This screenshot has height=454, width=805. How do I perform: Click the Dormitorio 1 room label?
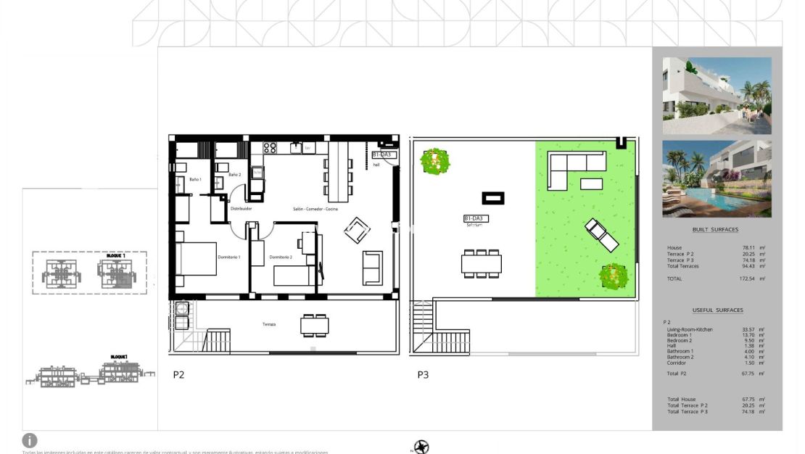coord(229,257)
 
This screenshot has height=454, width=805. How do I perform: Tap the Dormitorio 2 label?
coord(281,257)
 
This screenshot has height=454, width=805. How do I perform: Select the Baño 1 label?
coord(196,179)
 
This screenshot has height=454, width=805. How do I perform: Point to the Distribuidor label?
coord(241,209)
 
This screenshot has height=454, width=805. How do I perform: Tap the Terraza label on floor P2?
coord(269,324)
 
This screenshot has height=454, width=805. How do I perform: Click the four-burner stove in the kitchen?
coord(270,147)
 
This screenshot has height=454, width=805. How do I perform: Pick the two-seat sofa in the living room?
coord(372,268)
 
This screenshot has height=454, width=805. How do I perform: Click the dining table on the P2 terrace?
coord(314,326)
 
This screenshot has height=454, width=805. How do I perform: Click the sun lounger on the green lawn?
coord(601,234)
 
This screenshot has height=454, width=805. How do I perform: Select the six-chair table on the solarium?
coord(481,263)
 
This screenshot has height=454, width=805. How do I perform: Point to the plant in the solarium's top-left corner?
coord(434,161)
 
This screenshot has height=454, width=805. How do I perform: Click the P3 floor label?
coord(423,375)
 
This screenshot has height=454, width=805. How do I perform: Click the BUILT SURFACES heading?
coord(715,230)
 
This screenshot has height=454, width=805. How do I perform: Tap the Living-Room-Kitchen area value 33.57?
coord(748,330)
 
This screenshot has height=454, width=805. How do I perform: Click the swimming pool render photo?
coord(717,178)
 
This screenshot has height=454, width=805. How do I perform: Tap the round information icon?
coord(30,440)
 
